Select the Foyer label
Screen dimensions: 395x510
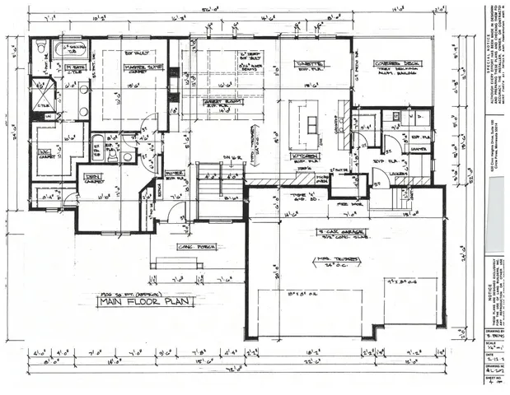point(175,174)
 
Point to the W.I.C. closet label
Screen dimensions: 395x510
point(47,154)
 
